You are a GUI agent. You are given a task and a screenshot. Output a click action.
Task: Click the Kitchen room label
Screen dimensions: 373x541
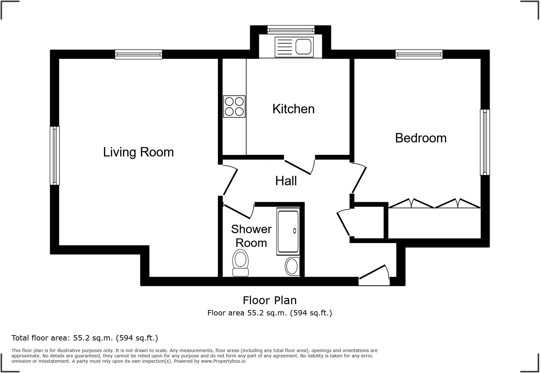click(293, 109)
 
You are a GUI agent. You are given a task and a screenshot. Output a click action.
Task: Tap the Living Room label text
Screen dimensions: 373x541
click(138, 152)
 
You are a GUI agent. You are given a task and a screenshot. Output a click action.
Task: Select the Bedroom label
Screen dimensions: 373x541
click(420, 138)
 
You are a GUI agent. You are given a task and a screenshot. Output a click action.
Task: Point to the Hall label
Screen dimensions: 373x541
click(286, 181)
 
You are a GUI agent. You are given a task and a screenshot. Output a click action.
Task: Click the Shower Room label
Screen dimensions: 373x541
click(251, 236)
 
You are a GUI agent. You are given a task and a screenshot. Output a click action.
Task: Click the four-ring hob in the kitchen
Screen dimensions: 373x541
click(234, 106)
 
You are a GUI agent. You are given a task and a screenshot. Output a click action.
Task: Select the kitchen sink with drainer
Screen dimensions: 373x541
click(294, 47)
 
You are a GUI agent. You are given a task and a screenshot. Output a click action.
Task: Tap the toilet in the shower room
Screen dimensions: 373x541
click(240, 263)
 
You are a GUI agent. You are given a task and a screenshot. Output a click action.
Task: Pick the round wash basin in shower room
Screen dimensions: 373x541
click(292, 266)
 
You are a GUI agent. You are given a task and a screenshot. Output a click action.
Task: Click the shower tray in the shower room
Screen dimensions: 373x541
click(288, 231)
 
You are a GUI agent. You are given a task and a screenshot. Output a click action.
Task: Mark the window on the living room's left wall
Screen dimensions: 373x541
click(55, 156)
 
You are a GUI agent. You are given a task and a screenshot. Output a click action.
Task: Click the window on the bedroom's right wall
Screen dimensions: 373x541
click(485, 142)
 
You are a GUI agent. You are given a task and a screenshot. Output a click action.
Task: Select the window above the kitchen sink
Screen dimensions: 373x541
click(291, 30)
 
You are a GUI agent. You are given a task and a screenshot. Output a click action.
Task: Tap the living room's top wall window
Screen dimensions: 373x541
click(138, 54)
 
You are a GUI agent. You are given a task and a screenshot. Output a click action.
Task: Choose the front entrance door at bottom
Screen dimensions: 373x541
click(374, 276)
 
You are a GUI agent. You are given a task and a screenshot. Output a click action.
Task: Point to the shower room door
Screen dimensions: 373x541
click(238, 211)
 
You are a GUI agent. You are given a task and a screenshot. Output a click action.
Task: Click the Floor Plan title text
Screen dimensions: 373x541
click(270, 300)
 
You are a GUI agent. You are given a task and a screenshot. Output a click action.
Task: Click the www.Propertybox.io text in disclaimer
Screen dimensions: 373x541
click(223, 361)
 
